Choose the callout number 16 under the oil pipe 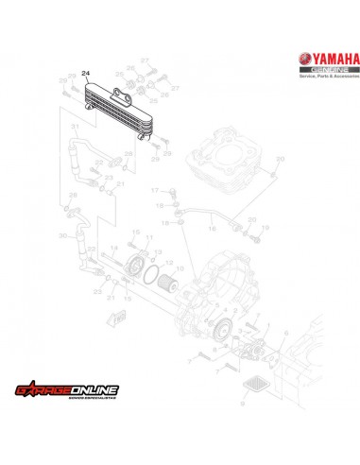click(x=210, y=229)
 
